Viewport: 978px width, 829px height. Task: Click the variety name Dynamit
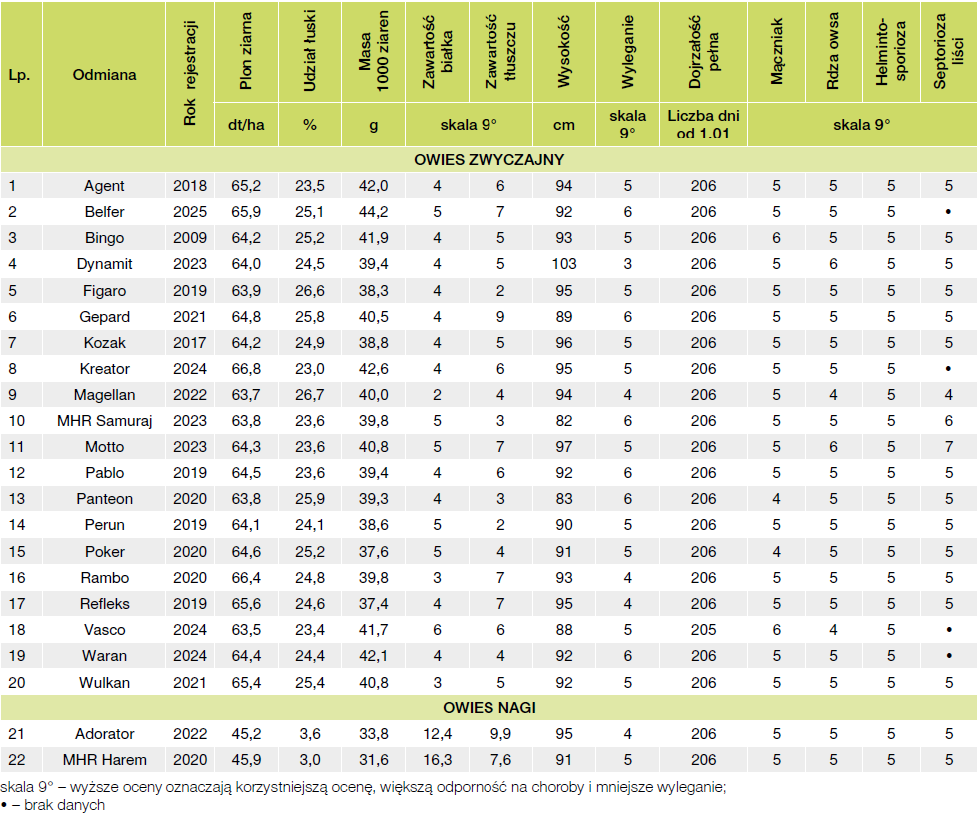[x=105, y=264]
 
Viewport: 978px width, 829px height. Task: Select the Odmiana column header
[x=105, y=74]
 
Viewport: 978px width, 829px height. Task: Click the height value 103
[x=564, y=264]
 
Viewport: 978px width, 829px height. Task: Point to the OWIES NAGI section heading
[x=489, y=708]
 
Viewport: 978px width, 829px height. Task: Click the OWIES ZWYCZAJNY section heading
[x=489, y=159]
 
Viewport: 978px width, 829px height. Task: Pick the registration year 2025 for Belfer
[x=190, y=212]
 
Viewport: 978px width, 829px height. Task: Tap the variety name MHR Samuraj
[x=105, y=420]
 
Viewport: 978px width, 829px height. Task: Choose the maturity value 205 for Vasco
[x=703, y=630]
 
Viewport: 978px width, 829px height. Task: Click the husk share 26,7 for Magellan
[x=310, y=395]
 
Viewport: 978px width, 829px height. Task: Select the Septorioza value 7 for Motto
[x=949, y=446]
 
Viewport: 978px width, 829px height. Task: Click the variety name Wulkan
[x=105, y=683]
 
